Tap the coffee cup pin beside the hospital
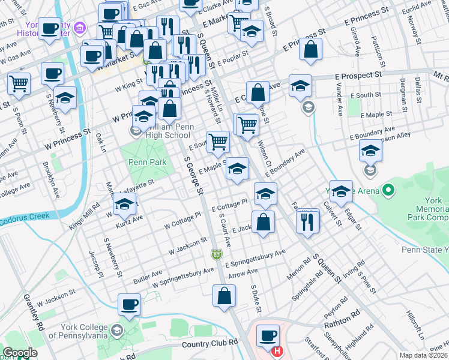[x=268, y=336]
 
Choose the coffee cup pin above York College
[x=129, y=305]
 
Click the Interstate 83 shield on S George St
[x=216, y=255]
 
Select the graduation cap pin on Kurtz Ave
[x=124, y=206]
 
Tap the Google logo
[x=20, y=353]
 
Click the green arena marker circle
[x=388, y=191]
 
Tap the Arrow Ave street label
[x=243, y=273]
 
